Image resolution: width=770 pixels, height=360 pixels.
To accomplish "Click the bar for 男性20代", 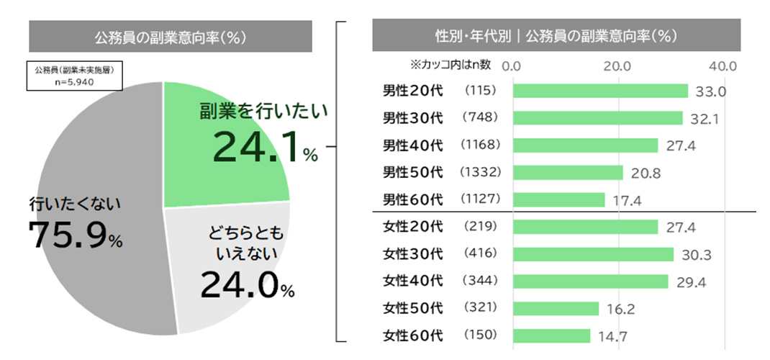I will click(600, 91).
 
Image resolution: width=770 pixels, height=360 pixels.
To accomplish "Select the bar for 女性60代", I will click(552, 336).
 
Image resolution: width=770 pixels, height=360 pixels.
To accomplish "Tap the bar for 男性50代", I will click(568, 172).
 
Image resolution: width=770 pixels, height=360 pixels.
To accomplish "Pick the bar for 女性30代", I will click(593, 254).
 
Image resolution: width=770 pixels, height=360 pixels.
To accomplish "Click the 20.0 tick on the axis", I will click(617, 66).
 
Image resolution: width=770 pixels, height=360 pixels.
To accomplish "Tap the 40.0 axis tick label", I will click(723, 66).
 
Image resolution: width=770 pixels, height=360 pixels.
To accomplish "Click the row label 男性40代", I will click(412, 145).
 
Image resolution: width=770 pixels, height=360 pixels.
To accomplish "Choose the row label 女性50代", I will click(412, 308).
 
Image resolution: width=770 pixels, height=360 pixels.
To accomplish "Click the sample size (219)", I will click(479, 227).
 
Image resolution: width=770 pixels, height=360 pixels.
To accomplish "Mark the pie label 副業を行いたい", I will click(263, 112).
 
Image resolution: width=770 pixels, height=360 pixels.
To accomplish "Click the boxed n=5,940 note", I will click(75, 76).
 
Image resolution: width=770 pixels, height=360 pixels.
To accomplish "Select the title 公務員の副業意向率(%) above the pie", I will click(170, 37).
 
